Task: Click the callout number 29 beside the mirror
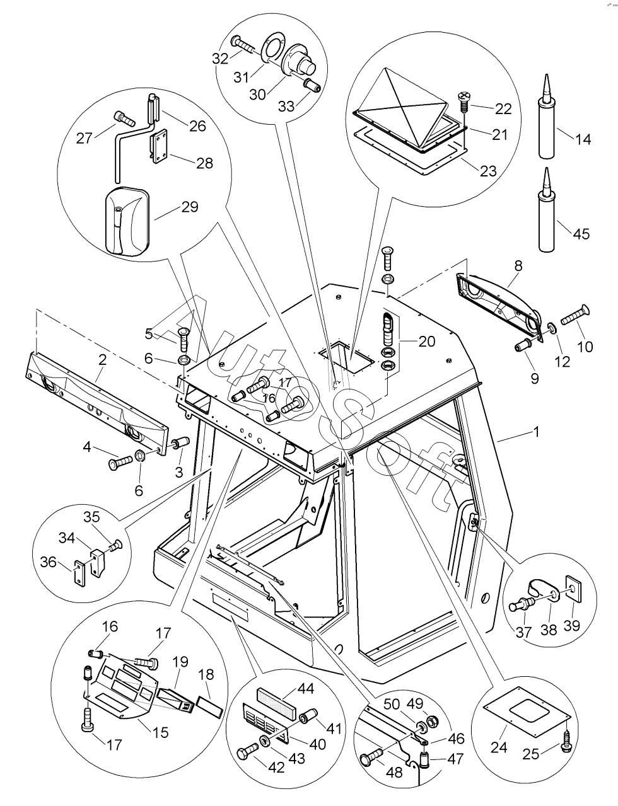coord(190,207)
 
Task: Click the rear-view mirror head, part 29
coord(128,220)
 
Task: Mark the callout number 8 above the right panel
coord(518,266)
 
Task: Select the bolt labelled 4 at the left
coord(122,463)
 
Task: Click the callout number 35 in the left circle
coord(92,518)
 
